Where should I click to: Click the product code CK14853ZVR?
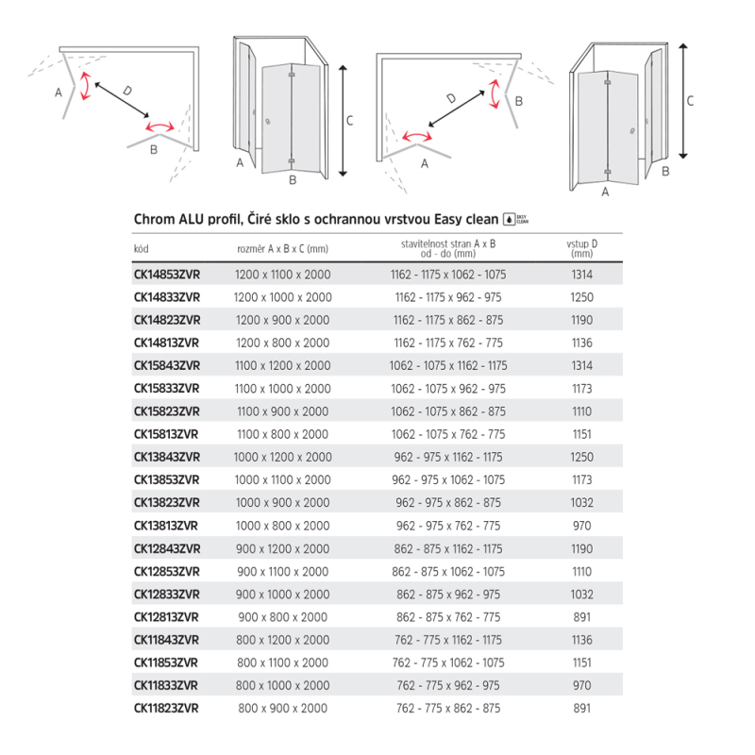tap(166, 274)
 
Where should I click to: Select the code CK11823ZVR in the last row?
tap(166, 708)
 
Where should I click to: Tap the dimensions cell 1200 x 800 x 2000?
tap(282, 343)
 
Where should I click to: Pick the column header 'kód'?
tap(142, 248)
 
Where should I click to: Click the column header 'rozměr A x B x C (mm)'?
tap(282, 248)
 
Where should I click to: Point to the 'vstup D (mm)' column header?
tap(581, 248)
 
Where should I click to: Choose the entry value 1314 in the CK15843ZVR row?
tap(581, 365)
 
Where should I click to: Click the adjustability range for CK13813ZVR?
tap(448, 526)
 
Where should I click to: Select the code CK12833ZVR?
tap(166, 594)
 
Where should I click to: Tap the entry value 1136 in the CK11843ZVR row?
tap(581, 640)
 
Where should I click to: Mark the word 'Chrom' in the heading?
tap(152, 220)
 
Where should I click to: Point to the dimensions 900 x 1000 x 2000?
tap(282, 594)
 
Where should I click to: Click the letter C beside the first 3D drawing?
tap(349, 120)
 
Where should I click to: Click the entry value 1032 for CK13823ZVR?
tap(581, 503)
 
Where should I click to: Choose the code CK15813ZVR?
tap(166, 434)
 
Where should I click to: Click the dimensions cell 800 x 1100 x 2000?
tap(282, 663)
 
